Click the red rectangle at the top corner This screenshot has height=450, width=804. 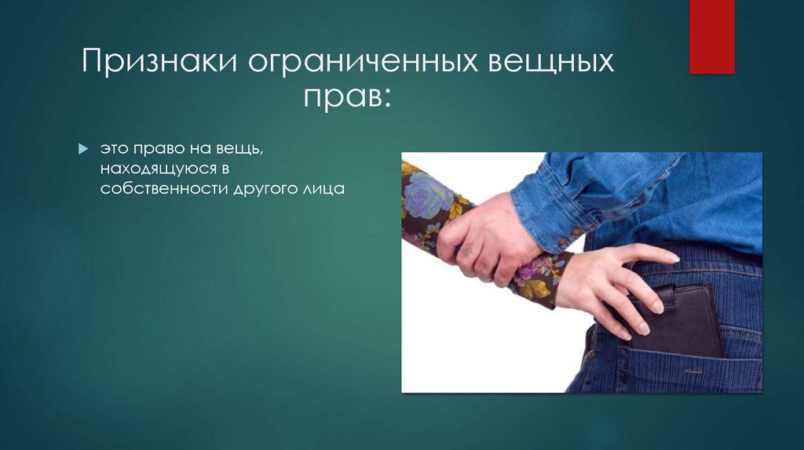coord(711,36)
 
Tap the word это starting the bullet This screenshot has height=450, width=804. coord(110,149)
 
